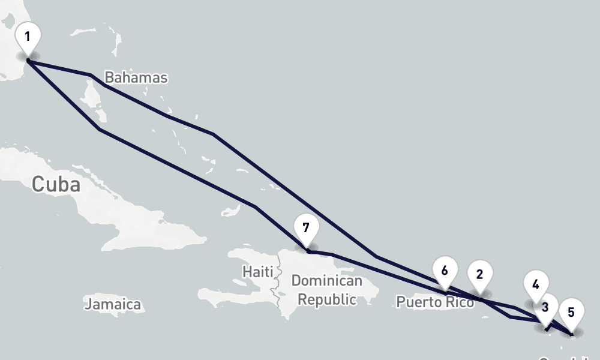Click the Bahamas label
point(136,77)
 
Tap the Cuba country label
point(55,184)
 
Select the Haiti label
point(257,272)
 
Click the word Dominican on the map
point(326,281)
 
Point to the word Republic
point(327,299)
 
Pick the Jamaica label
point(113,304)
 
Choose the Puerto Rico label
point(435,302)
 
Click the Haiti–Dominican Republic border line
point(277,282)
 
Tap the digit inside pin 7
point(306,228)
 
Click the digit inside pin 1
point(28,36)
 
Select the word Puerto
point(416,302)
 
